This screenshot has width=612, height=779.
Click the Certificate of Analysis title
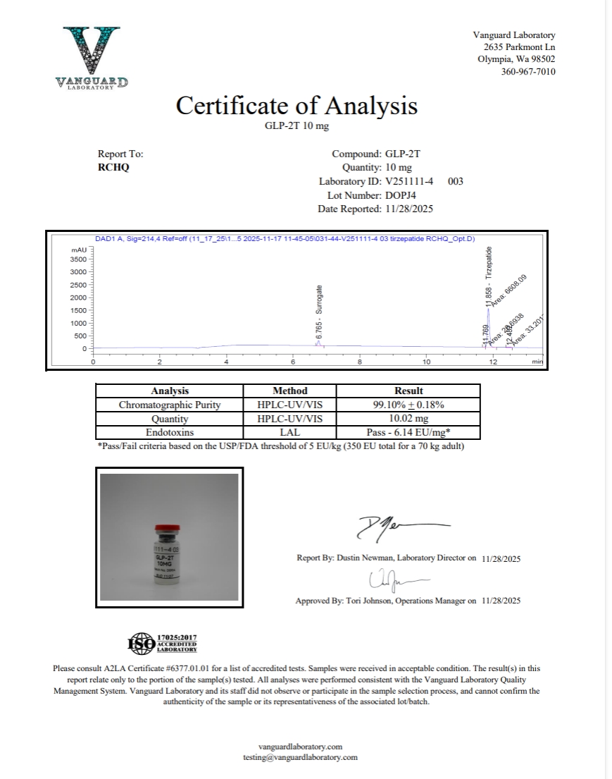(296, 106)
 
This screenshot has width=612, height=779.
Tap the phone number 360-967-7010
(528, 72)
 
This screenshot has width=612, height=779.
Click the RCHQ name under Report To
(113, 168)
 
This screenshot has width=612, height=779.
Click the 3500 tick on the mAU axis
(77, 259)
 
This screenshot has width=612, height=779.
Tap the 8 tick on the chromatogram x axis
(360, 362)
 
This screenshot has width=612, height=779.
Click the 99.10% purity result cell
(408, 405)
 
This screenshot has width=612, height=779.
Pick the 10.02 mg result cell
(408, 419)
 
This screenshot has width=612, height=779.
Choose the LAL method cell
(290, 432)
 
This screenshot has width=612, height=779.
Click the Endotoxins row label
(169, 432)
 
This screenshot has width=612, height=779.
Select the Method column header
(290, 391)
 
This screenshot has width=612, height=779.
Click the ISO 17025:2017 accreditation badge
(162, 643)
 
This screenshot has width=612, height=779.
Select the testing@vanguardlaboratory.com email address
(300, 757)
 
